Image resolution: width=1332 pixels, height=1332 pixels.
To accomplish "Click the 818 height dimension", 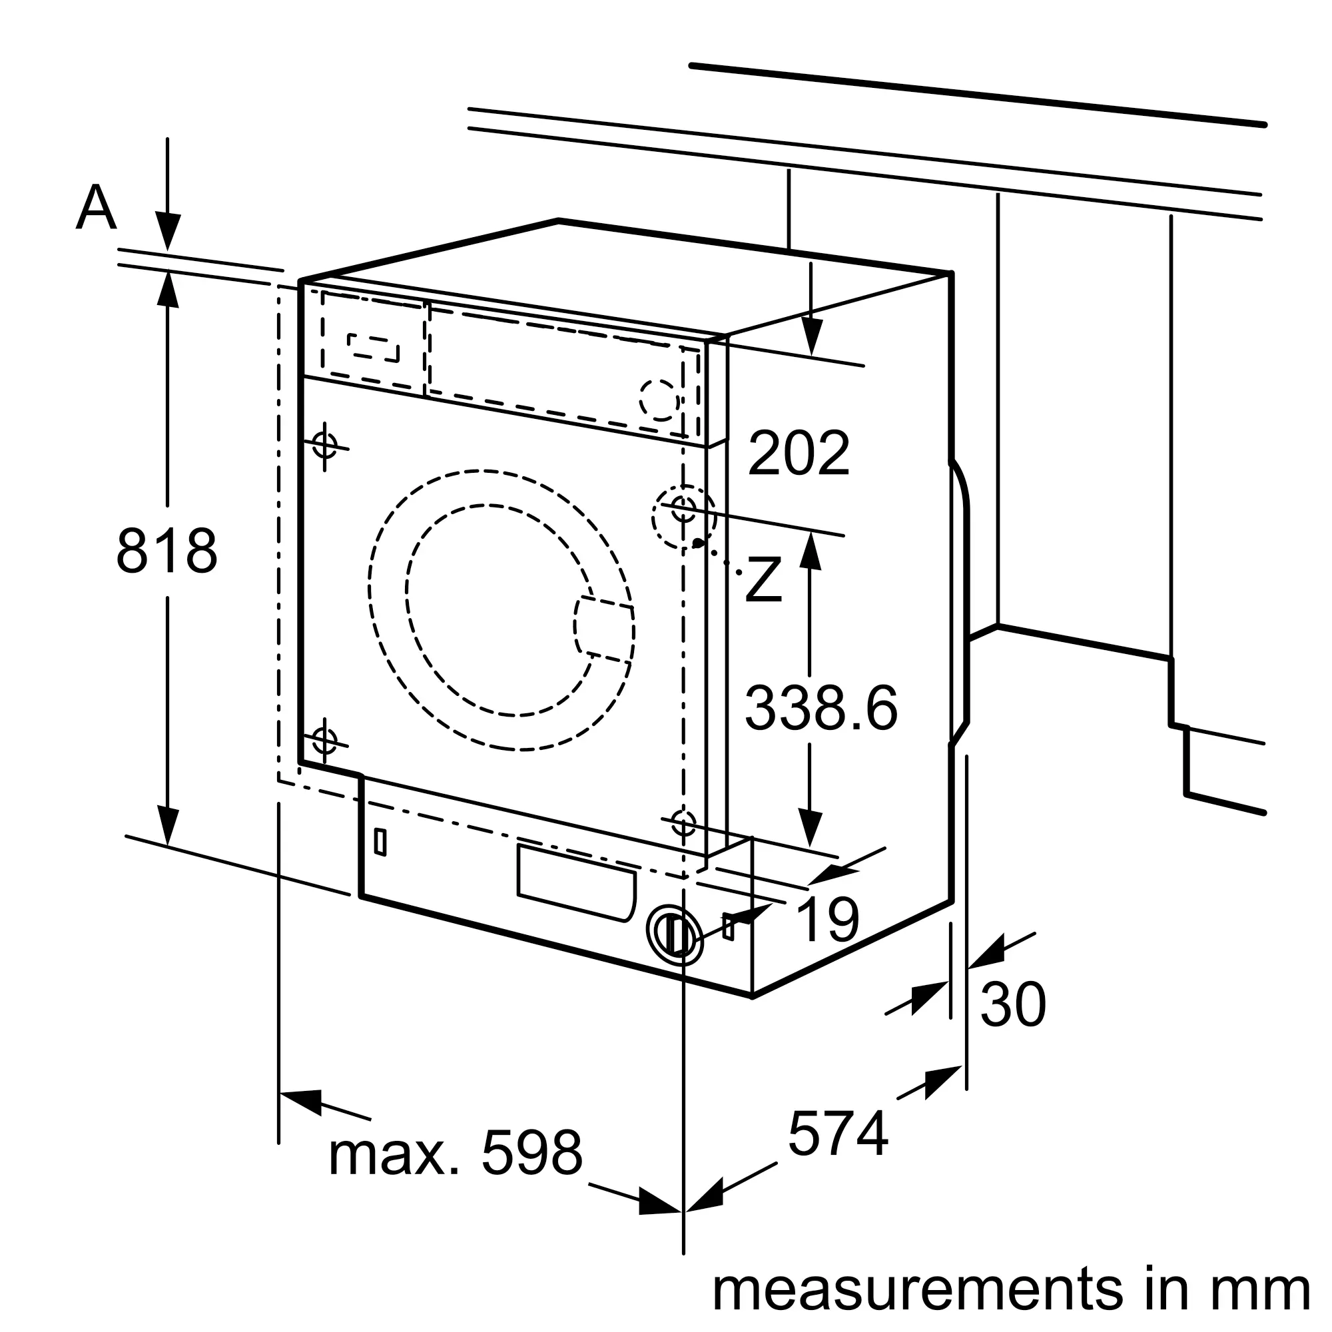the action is click(x=167, y=551).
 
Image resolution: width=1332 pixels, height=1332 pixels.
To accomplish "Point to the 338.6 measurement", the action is click(x=821, y=708).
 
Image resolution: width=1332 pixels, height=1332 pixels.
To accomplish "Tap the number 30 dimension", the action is click(x=1013, y=1004).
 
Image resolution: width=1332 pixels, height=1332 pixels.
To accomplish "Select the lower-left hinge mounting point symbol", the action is click(x=325, y=741).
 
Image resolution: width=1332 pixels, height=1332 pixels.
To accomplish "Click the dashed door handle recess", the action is click(x=604, y=629).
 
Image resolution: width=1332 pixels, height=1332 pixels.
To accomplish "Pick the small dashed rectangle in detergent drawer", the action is click(x=373, y=348).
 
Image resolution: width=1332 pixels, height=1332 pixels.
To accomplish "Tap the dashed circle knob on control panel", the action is click(x=660, y=399).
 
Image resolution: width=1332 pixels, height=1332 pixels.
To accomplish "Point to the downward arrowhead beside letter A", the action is click(x=168, y=232).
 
